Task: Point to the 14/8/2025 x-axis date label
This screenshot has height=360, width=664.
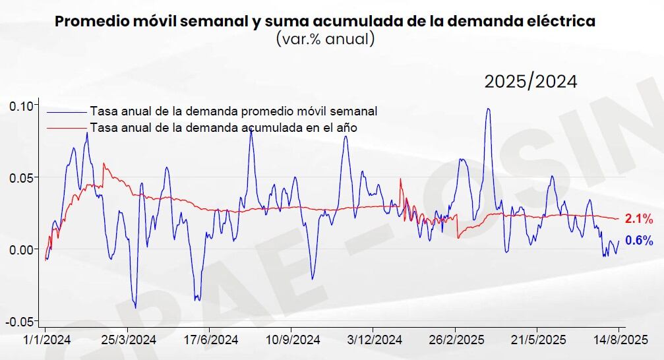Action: pos(619,340)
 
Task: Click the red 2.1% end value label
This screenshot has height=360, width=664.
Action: pos(639,219)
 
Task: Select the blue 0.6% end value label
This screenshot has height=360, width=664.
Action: pos(639,241)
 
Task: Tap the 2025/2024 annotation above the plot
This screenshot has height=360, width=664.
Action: pos(531,82)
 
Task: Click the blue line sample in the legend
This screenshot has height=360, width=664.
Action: pos(66,111)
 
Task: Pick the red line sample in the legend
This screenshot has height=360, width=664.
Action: pos(66,128)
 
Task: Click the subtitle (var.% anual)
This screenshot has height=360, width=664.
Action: pos(325,40)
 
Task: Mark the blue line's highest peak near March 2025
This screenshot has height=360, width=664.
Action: pos(488,109)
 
